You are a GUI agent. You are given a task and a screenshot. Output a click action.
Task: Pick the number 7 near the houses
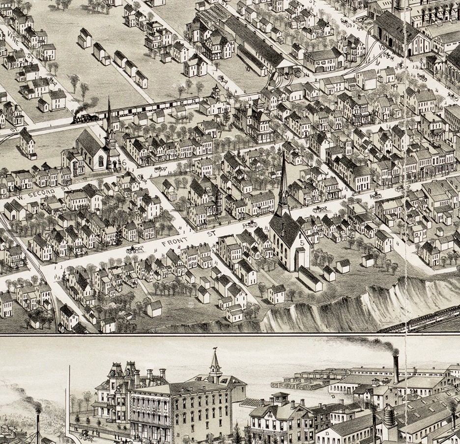pos(220,134)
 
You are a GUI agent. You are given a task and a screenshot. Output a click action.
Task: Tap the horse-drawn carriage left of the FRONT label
pos(135,249)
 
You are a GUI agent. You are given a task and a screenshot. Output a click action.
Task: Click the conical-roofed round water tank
pos(389,416)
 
